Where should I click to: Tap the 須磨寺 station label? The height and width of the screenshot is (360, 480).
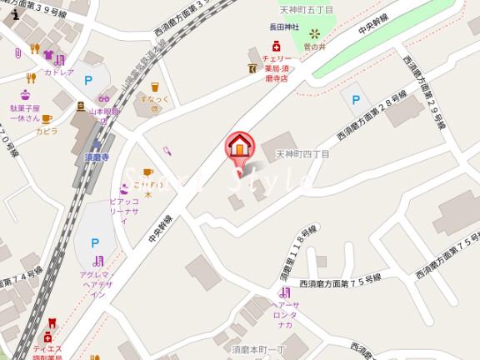click(97, 156)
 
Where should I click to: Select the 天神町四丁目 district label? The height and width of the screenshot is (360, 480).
click(302, 154)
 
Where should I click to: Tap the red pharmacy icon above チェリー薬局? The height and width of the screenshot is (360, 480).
click(264, 49)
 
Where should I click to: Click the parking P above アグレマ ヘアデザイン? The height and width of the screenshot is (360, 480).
click(95, 242)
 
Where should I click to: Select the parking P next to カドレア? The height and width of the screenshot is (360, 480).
click(88, 81)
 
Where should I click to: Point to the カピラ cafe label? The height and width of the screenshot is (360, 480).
click(47, 132)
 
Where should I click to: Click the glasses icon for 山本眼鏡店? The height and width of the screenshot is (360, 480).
click(81, 106)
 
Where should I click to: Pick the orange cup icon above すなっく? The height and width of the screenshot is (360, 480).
click(155, 86)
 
